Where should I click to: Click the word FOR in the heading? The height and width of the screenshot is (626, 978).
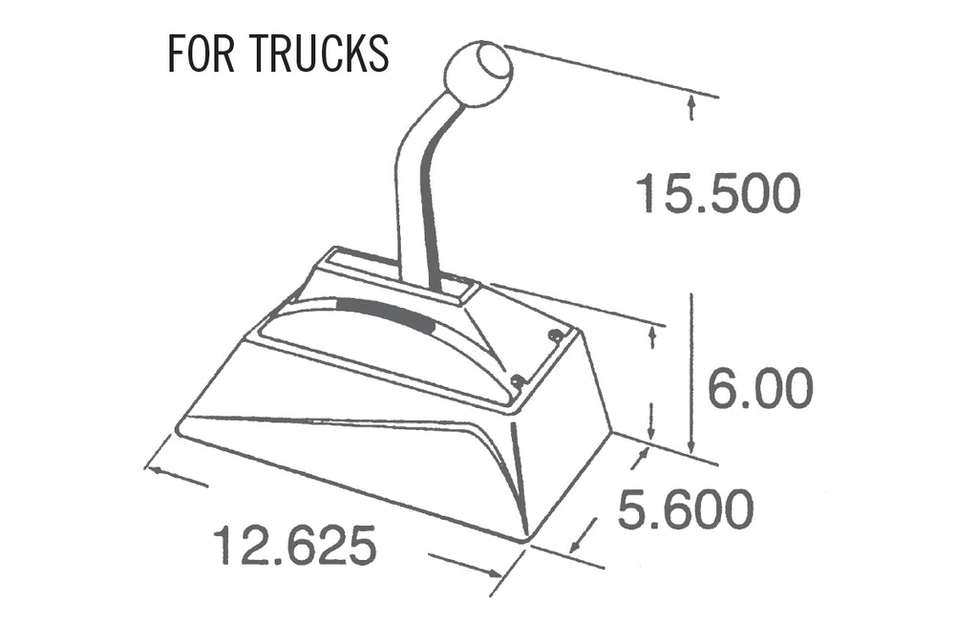(202, 54)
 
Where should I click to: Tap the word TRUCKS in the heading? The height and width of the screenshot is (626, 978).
(321, 54)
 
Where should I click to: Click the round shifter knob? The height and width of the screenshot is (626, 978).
(478, 74)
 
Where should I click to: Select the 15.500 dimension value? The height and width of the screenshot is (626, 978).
(717, 195)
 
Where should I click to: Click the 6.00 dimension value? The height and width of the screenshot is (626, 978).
(760, 388)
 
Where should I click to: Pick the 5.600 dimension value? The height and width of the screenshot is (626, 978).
(685, 509)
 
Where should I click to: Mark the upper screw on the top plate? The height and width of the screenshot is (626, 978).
(555, 335)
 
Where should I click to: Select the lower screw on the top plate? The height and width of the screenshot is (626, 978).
(518, 381)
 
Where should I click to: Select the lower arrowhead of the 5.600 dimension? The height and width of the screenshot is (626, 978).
(576, 546)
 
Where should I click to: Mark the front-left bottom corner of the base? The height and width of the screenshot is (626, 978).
(180, 428)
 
